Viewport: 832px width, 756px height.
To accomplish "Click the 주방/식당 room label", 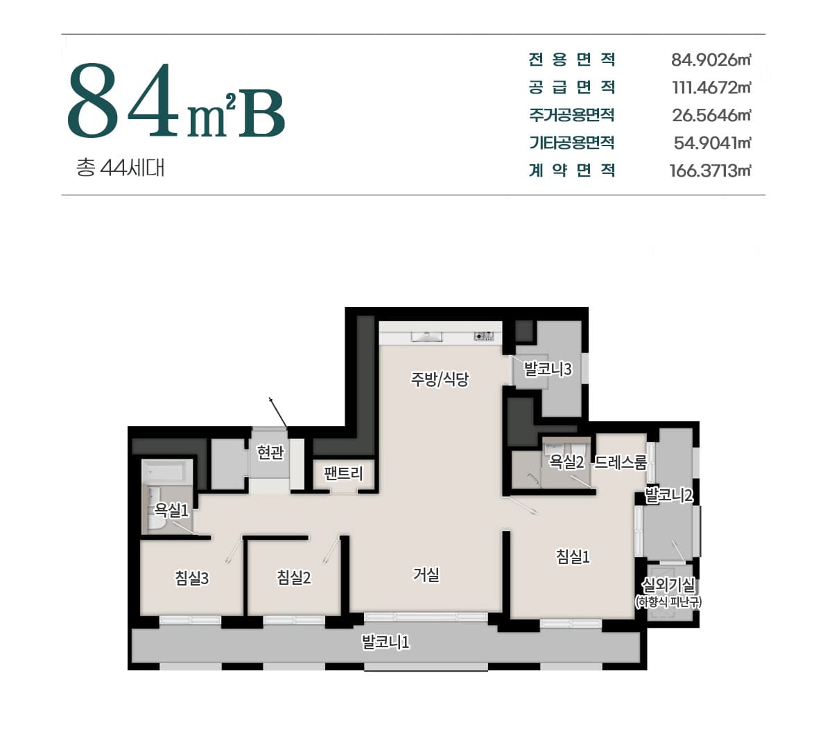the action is [440, 378].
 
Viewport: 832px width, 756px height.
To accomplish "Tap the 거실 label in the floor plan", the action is [426, 574].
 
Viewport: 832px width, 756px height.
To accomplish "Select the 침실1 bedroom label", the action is [573, 556].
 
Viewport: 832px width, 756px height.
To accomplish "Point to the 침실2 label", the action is [294, 577].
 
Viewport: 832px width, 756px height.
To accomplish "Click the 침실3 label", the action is [191, 578].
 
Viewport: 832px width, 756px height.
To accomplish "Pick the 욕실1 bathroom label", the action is [171, 510].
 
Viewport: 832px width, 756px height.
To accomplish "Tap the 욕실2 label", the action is [566, 461].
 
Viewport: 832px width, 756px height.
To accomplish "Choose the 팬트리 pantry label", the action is [343, 473].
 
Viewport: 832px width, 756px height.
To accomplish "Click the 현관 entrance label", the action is [270, 452].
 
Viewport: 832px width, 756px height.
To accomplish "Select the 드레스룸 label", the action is [621, 462].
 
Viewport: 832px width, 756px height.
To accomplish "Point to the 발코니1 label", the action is [385, 642].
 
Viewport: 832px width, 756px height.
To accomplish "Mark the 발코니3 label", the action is [548, 369].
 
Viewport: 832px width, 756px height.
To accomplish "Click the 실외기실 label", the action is [668, 585].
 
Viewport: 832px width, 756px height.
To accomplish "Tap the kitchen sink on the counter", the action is [426, 337].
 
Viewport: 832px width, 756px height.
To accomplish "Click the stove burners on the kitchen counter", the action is [484, 336].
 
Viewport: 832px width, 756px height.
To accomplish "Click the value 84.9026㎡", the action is [711, 60].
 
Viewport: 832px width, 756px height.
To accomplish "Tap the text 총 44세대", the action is [120, 168].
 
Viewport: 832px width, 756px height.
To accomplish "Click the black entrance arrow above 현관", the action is [278, 412].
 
